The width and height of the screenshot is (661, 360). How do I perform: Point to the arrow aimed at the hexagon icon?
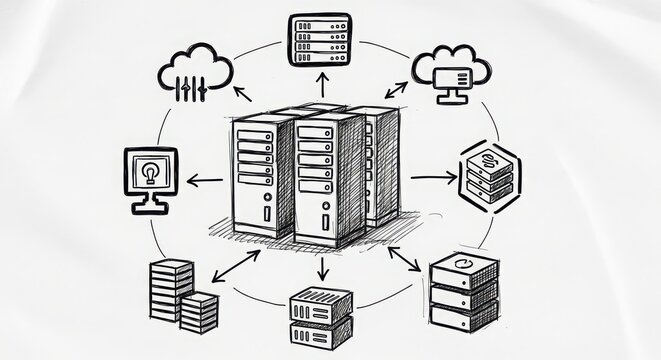432,177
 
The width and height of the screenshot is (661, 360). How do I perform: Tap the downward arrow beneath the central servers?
322,267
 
